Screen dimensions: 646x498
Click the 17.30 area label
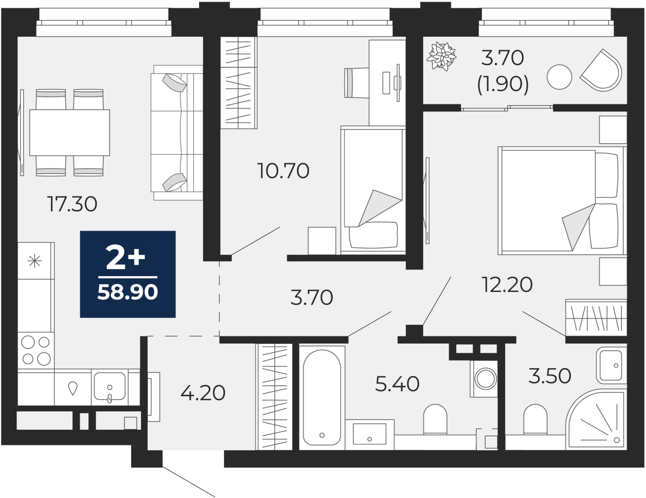tap(72, 204)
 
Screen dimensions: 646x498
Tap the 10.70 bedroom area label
tap(283, 171)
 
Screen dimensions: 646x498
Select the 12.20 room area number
tap(507, 285)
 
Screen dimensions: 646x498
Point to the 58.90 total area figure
tap(128, 292)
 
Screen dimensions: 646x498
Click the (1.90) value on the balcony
tap(503, 84)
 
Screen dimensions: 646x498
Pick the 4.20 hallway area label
tap(203, 393)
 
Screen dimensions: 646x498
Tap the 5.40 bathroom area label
tap(397, 384)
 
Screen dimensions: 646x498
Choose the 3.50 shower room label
tap(550, 376)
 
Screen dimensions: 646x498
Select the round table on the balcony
tap(560, 77)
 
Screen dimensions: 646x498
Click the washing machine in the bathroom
tap(486, 379)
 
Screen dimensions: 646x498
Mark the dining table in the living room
tap(69, 132)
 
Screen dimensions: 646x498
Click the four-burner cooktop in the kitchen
tap(36, 351)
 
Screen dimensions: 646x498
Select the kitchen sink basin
tap(110, 386)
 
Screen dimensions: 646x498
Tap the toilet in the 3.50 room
tap(535, 419)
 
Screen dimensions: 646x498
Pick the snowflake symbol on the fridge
tap(34, 261)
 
